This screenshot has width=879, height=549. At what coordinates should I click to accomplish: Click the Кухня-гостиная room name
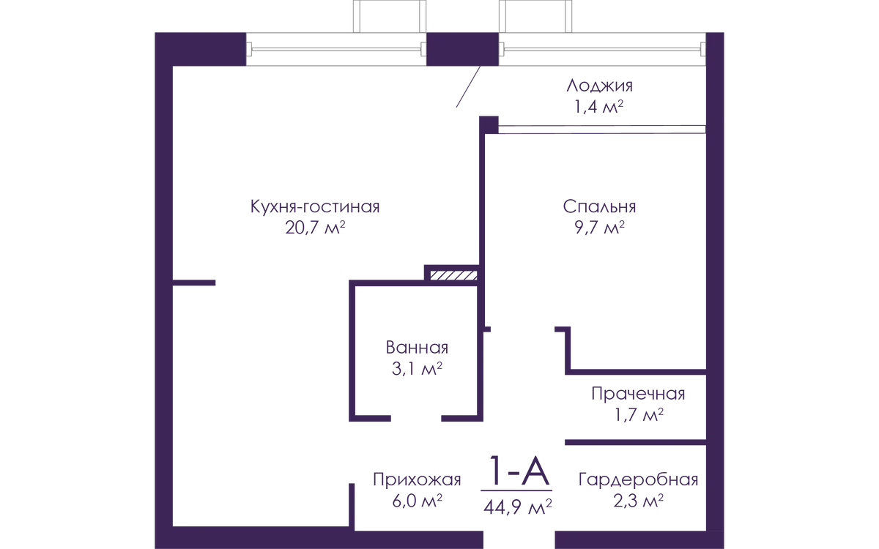click(x=314, y=208)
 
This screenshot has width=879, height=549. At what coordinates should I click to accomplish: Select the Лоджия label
click(x=599, y=86)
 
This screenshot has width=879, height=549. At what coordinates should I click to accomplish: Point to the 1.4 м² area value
click(x=599, y=108)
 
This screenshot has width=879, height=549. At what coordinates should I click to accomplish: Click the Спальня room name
click(x=601, y=208)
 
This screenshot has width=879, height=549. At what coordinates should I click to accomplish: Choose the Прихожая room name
click(x=416, y=482)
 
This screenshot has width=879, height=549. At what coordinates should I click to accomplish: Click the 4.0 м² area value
click(x=416, y=503)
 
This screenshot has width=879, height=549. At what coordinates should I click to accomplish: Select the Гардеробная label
click(x=639, y=482)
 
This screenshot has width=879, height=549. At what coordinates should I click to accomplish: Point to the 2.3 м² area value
click(x=639, y=503)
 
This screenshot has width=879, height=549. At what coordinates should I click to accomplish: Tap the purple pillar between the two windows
click(x=463, y=50)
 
